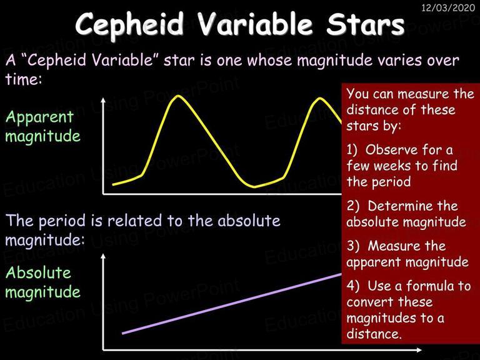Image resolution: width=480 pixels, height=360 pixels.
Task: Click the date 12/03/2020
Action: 448,7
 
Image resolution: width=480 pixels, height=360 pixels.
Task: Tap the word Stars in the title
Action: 366,24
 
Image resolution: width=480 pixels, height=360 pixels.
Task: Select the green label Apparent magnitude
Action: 43,126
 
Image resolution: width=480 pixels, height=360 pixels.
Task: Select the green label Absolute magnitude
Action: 43,282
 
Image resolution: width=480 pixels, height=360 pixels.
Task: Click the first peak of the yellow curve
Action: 178,96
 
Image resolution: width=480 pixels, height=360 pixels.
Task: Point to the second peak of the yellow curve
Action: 319,99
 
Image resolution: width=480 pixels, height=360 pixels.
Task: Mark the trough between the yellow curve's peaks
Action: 255,186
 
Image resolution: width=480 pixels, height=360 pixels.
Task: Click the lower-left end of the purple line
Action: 122,333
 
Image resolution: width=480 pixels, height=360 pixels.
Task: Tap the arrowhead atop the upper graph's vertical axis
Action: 103,100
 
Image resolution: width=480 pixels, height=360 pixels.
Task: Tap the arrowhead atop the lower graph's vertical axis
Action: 103,256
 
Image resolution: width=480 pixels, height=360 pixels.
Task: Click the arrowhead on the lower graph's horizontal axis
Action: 419,349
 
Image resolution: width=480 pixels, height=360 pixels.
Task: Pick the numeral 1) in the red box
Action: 352,150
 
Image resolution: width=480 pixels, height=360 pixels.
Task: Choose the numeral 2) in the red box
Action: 353,206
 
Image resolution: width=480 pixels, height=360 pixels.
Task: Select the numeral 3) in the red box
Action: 353,246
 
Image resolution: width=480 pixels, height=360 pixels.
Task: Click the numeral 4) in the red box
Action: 353,286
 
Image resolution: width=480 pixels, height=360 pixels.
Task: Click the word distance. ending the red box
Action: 374,334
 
